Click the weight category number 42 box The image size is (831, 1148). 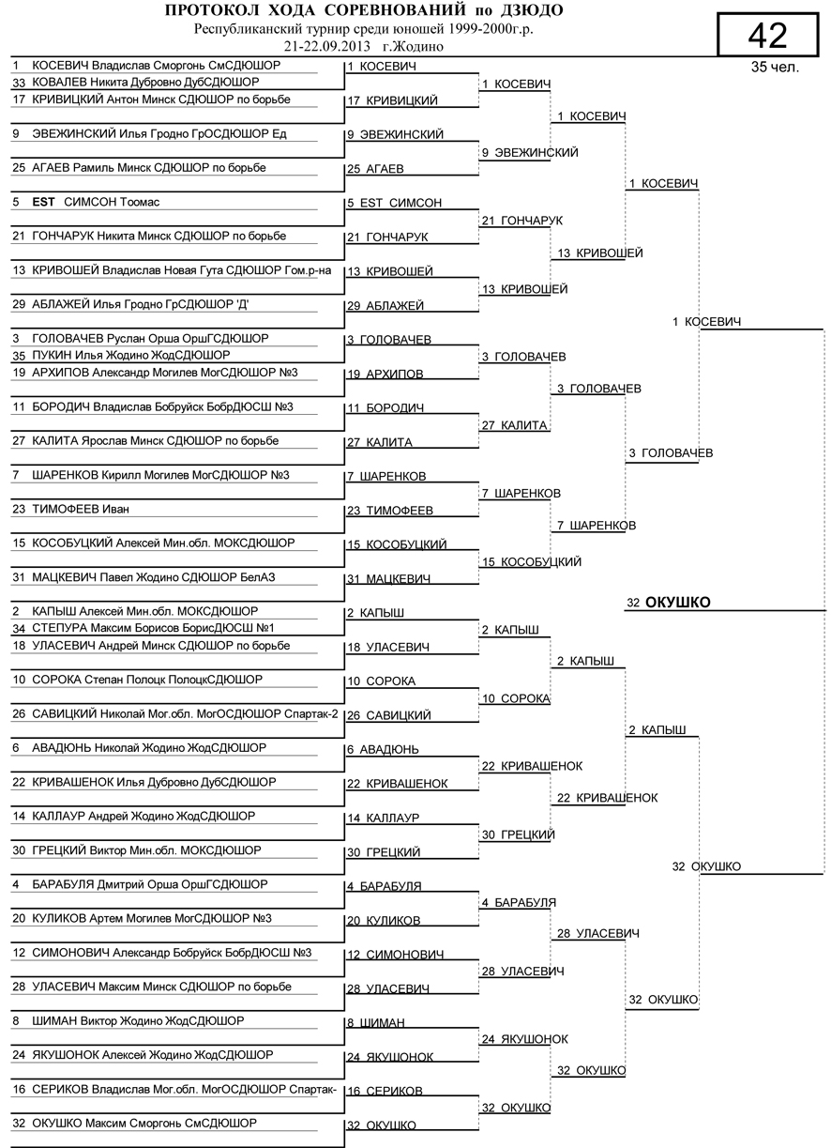(x=767, y=36)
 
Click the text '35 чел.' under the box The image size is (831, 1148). (x=774, y=68)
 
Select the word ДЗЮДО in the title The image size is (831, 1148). (x=532, y=11)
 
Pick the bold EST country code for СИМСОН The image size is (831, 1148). (x=44, y=202)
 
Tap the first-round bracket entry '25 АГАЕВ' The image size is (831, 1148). (x=375, y=169)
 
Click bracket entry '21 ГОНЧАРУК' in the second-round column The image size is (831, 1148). (x=521, y=220)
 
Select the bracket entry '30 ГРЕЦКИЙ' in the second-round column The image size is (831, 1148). (x=518, y=834)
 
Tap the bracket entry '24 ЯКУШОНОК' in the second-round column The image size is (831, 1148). (x=524, y=1039)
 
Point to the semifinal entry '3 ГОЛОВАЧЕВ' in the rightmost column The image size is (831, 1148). (x=671, y=453)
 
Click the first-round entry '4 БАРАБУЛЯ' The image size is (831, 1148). (x=384, y=886)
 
